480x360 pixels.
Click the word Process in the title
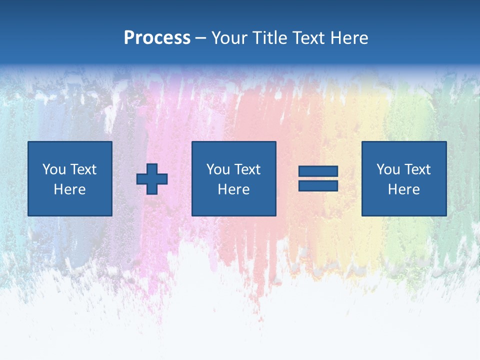pos(157,38)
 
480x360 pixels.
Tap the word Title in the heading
pos(268,38)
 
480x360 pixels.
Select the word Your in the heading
pos(229,38)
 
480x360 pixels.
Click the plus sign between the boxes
pos(152,178)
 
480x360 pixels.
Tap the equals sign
pos(318,178)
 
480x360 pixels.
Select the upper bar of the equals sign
pos(318,171)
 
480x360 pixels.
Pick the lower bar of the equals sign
pos(318,185)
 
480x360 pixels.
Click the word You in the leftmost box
pos(53,169)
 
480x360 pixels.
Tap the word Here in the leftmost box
pos(69,189)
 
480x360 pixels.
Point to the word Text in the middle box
pos(247,169)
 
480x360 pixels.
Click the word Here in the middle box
pos(233,189)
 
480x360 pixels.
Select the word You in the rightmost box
pos(387,169)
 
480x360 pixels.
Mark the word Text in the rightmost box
pos(417,169)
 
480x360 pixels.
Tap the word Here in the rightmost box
pos(403,189)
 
